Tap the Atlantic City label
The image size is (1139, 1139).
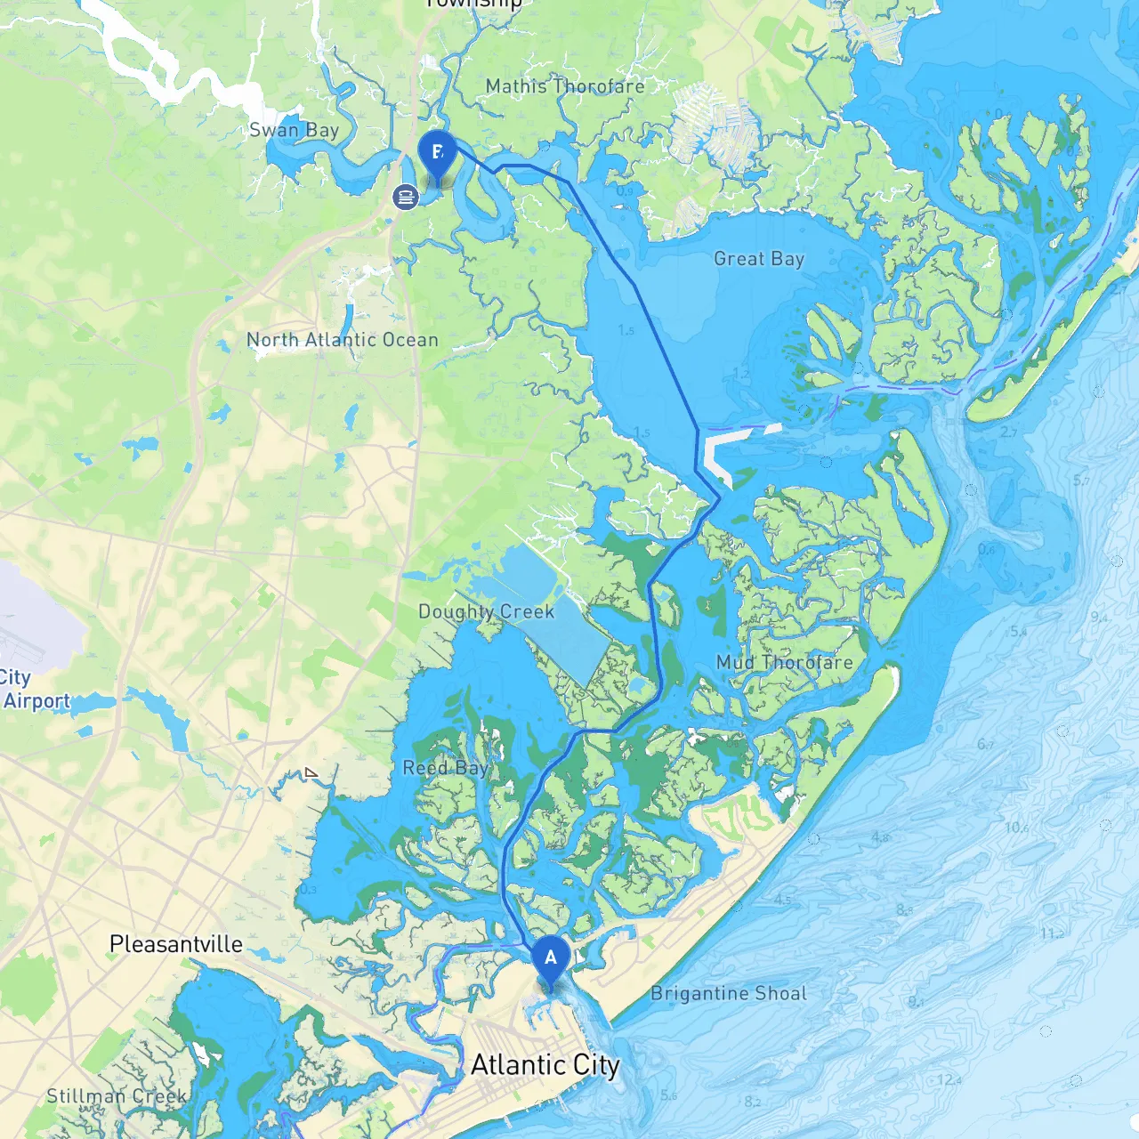pos(545,1065)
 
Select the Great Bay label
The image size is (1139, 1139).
pos(759,259)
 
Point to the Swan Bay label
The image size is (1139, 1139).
pos(294,130)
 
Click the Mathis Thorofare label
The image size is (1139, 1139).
pos(565,86)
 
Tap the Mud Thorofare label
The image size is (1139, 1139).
pos(784,662)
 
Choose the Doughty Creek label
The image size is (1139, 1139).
pos(486,611)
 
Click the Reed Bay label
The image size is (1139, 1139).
pos(445,767)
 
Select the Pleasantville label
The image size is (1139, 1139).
pos(176,944)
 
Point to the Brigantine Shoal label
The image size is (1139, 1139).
pos(729,993)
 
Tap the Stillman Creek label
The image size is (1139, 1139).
pos(117,1095)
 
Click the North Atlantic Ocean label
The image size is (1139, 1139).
pos(343,340)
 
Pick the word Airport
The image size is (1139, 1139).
pos(36,701)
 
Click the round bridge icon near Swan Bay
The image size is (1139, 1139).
pos(406,197)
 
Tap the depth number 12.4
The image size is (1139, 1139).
pos(949,1080)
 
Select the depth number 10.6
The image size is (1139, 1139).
pos(1016,828)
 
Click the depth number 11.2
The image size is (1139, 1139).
pos(1052,933)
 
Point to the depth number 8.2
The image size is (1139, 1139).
pos(752,1102)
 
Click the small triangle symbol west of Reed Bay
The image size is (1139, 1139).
pos(311,773)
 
